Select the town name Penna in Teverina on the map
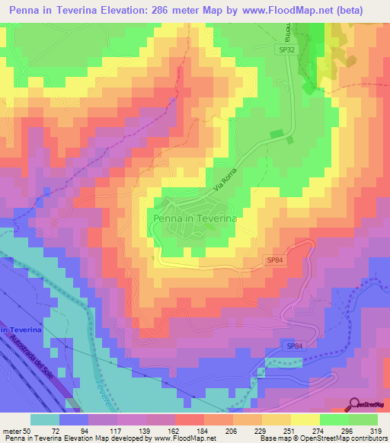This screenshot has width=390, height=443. [196, 218]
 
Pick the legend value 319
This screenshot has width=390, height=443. [376, 430]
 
